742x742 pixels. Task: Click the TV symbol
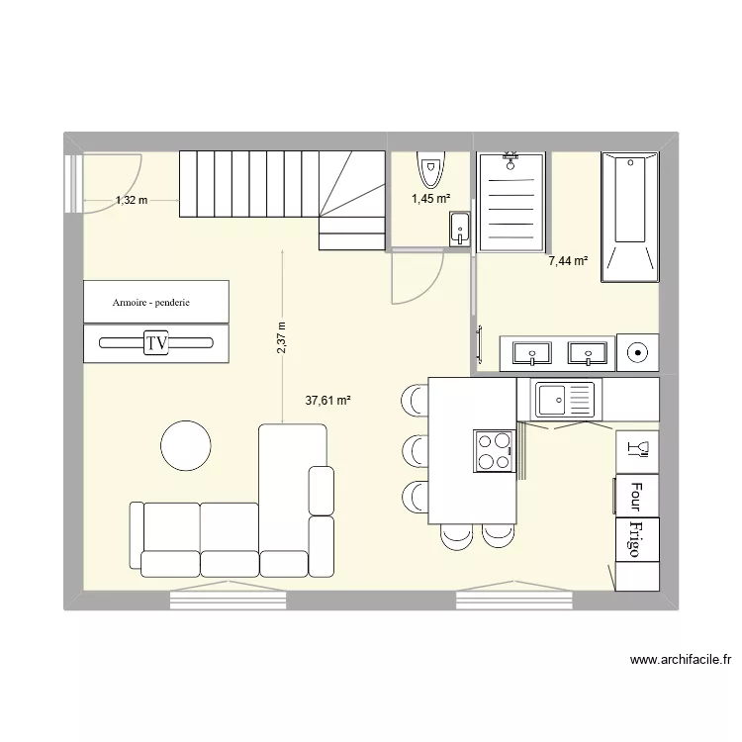(x=155, y=343)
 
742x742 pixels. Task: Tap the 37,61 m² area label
(x=328, y=401)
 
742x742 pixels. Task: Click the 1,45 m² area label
(x=431, y=199)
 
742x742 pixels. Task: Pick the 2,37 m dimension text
(x=281, y=336)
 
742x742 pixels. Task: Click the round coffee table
(x=187, y=445)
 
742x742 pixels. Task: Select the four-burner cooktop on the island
(x=495, y=450)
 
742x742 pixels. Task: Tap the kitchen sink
(x=564, y=400)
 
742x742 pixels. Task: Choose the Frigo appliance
(x=636, y=539)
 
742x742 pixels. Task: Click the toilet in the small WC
(x=430, y=169)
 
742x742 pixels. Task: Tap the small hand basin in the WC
(x=459, y=230)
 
